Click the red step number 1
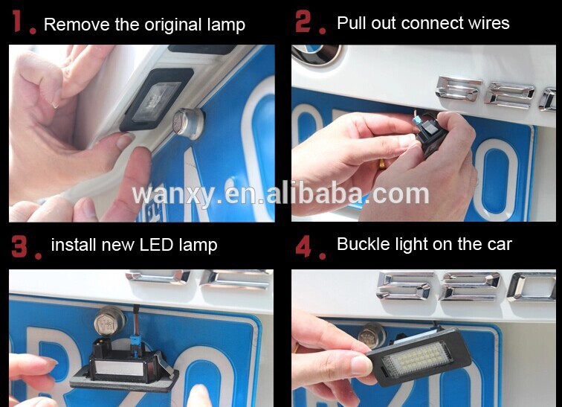[17, 21]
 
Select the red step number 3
[19, 246]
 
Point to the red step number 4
[303, 246]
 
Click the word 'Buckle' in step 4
[364, 244]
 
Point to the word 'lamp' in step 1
[227, 25]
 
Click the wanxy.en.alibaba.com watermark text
[280, 193]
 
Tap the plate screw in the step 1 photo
[188, 123]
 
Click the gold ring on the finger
[382, 164]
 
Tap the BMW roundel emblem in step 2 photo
[315, 54]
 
